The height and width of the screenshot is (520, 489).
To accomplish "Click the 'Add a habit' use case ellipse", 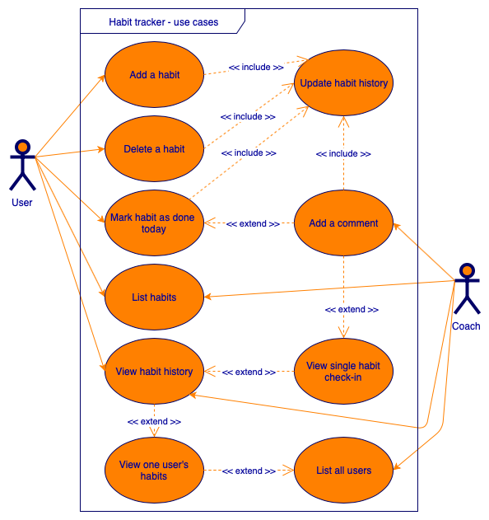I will pyautogui.click(x=154, y=75).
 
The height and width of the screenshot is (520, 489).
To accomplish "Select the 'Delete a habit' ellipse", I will pyautogui.click(x=154, y=149).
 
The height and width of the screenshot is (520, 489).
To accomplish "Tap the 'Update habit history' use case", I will pyautogui.click(x=343, y=83).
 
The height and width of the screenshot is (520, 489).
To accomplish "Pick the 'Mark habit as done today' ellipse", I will pyautogui.click(x=154, y=223).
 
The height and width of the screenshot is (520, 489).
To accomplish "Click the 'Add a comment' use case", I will pyautogui.click(x=343, y=223).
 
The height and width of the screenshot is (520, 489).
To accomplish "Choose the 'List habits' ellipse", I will pyautogui.click(x=154, y=297).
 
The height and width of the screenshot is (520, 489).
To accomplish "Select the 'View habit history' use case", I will pyautogui.click(x=154, y=372).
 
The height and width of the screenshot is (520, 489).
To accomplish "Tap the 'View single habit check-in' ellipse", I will pyautogui.click(x=343, y=372).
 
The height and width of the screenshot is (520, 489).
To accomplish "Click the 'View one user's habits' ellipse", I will pyautogui.click(x=154, y=471).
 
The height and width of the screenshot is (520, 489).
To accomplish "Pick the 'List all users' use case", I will pyautogui.click(x=343, y=471).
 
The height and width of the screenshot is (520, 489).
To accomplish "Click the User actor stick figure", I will pyautogui.click(x=22, y=165).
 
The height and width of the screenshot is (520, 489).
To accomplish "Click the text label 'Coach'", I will pyautogui.click(x=466, y=326).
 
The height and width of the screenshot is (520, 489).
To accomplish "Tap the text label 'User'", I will pyautogui.click(x=22, y=203).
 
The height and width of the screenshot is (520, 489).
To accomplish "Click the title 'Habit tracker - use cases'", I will pyautogui.click(x=164, y=21).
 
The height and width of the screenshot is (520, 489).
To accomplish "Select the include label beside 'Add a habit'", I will pyautogui.click(x=256, y=67).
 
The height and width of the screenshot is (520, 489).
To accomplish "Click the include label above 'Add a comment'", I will pyautogui.click(x=343, y=153).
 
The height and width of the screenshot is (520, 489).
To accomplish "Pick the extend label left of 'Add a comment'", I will pyautogui.click(x=253, y=223).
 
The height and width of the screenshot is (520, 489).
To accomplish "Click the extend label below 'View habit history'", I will pyautogui.click(x=154, y=421).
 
